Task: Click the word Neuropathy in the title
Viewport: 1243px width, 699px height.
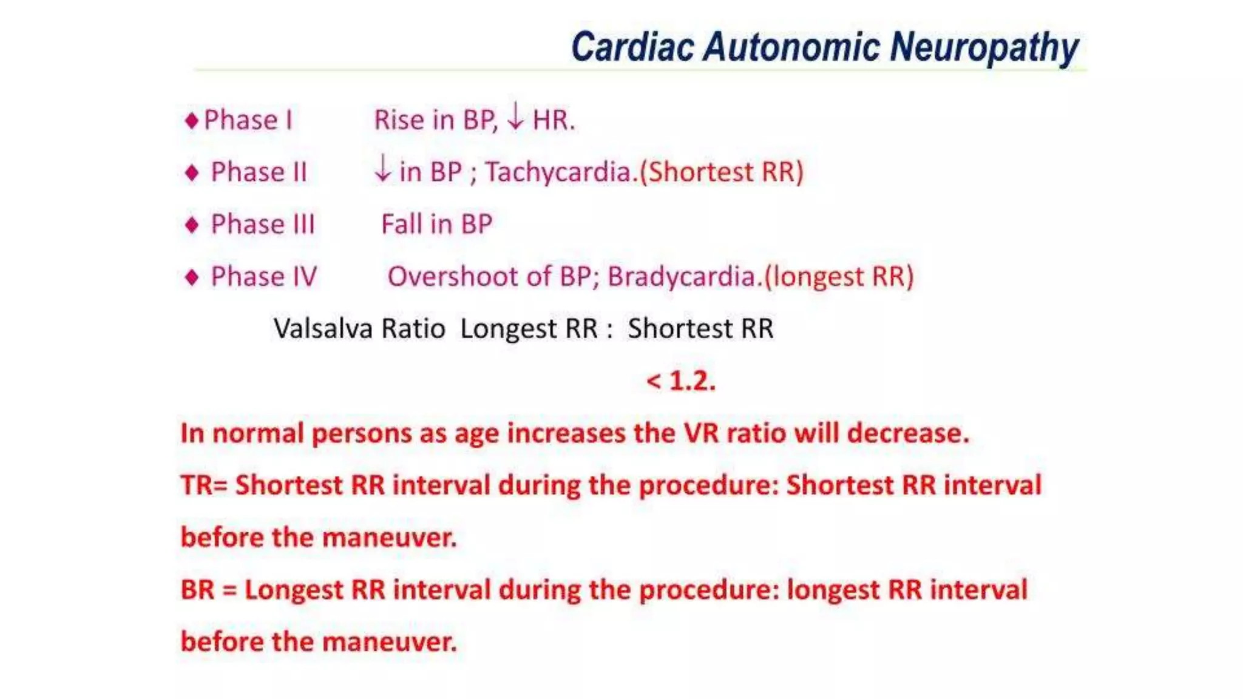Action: [x=984, y=47]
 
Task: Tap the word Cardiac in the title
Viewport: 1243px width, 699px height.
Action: [x=632, y=47]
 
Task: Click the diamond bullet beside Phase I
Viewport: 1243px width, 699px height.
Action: [x=192, y=120]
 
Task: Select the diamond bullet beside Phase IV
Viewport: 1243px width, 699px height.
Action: [x=192, y=277]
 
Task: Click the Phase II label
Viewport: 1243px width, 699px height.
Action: [x=259, y=172]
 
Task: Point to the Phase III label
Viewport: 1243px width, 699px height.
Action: [x=262, y=225]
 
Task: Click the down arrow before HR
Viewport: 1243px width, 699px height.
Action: [x=515, y=116]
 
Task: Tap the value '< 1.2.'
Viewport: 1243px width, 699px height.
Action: [x=681, y=381]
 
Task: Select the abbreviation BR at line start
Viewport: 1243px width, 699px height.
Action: [x=198, y=590]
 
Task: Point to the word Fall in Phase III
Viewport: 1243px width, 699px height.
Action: [x=401, y=225]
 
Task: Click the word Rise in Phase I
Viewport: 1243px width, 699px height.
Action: [x=399, y=120]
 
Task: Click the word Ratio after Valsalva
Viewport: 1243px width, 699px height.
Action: [x=413, y=329]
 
